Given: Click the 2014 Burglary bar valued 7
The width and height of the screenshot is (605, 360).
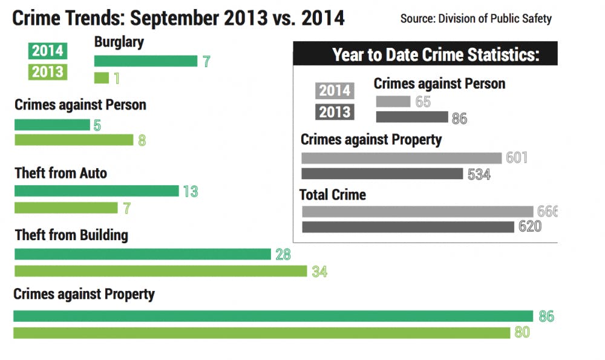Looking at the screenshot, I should click(146, 61).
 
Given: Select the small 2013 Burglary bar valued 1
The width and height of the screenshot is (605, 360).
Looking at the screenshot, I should click(102, 78).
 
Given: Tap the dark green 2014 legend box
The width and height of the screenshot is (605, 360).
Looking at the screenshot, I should click(47, 50).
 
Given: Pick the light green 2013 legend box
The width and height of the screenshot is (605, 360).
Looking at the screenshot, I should click(47, 71).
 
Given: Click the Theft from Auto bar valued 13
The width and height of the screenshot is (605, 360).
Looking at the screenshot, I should click(97, 191).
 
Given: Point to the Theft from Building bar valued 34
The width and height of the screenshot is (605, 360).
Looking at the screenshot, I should click(161, 271).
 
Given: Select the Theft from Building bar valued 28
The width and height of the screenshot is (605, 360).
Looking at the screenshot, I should click(143, 254).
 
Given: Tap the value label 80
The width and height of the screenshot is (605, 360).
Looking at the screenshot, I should click(522, 333).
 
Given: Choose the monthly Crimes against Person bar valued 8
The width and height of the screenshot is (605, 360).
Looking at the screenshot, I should click(74, 140).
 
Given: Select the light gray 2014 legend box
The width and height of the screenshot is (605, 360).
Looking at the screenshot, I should click(335, 90).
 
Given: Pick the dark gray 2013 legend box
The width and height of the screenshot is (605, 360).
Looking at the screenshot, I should click(335, 112).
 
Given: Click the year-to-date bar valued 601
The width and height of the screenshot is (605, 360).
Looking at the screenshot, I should click(402, 158).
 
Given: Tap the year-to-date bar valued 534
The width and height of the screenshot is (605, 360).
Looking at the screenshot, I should click(382, 174).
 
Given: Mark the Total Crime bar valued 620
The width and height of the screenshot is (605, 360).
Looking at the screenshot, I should click(408, 227).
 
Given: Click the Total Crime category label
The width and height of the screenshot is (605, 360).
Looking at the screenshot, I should click(333, 195).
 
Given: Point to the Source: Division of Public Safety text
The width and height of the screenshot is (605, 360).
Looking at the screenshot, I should click(476, 18).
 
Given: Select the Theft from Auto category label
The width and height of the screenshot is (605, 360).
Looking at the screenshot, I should click(60, 173).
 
